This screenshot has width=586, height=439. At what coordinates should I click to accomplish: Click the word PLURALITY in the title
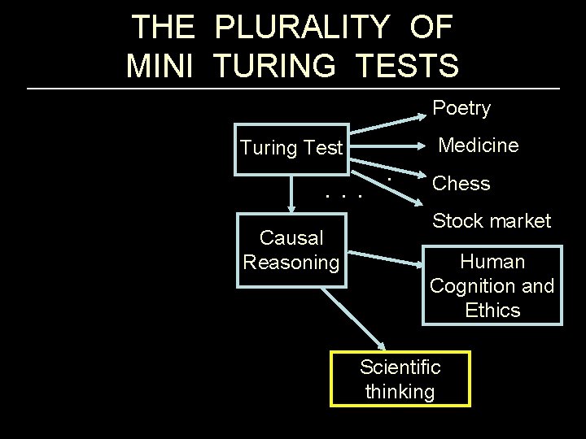pos(301,27)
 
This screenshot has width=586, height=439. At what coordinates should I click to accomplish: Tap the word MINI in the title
pos(160,64)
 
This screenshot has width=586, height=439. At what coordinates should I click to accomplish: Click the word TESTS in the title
pos(406,64)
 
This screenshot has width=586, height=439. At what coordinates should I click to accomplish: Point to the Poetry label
pos(461,108)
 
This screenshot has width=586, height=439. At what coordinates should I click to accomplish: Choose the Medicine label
pos(478,146)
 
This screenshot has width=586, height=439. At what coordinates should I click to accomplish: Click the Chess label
pos(461,184)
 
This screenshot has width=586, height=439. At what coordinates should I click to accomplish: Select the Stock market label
pos(492,220)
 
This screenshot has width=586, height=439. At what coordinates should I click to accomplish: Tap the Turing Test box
pos(291,149)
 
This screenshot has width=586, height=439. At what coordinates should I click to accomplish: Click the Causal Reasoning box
pos(291,250)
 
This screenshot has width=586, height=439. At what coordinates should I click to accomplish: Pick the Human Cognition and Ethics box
pos(492,285)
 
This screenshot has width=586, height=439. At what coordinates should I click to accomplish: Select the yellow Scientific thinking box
pos(400,379)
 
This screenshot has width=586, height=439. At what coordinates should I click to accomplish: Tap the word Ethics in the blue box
pos(492,310)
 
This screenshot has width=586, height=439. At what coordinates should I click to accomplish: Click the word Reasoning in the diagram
pos(291,263)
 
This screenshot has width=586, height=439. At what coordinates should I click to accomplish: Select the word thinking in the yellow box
pos(400,391)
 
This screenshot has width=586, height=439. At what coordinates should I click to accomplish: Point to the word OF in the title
pos(431,27)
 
